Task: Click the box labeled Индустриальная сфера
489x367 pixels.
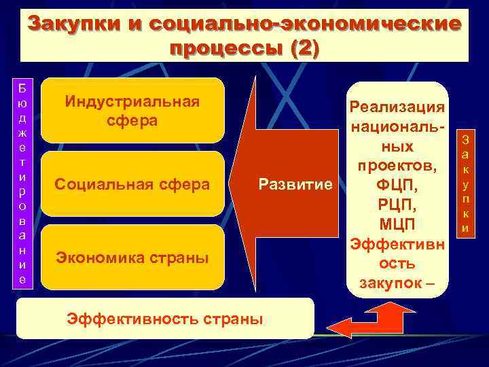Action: pyautogui.click(x=132, y=111)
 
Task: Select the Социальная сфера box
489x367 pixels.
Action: pyautogui.click(x=132, y=184)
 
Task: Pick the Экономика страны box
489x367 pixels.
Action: pyautogui.click(x=132, y=258)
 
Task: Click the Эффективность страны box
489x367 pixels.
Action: pyautogui.click(x=163, y=317)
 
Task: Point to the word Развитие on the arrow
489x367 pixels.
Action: pyautogui.click(x=295, y=184)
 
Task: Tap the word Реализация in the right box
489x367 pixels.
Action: pyautogui.click(x=397, y=108)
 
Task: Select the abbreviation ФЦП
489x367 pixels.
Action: pyautogui.click(x=397, y=186)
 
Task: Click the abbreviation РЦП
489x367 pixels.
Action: pyautogui.click(x=397, y=205)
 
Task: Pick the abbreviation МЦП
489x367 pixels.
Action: pyautogui.click(x=397, y=224)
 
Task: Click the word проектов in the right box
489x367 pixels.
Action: pyautogui.click(x=397, y=166)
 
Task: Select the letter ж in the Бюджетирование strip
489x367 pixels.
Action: pyautogui.click(x=23, y=130)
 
